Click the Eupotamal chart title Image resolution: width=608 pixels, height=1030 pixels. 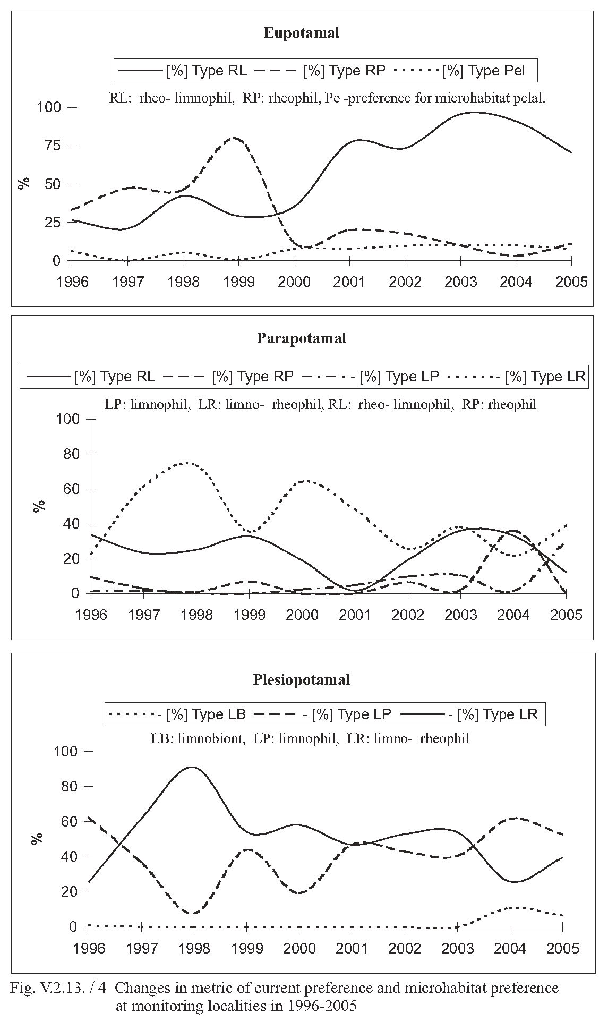pyautogui.click(x=301, y=33)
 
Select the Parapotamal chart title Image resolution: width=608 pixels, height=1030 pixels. pyautogui.click(x=301, y=338)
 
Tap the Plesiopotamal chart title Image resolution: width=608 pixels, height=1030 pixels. pyautogui.click(x=301, y=680)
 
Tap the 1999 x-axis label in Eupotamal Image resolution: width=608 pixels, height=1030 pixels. pyautogui.click(x=238, y=282)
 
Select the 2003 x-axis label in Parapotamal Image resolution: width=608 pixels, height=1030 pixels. pyautogui.click(x=460, y=615)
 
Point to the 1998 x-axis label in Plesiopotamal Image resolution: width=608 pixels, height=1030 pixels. pyautogui.click(x=194, y=948)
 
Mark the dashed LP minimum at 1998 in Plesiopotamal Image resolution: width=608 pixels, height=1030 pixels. pyautogui.click(x=194, y=914)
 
